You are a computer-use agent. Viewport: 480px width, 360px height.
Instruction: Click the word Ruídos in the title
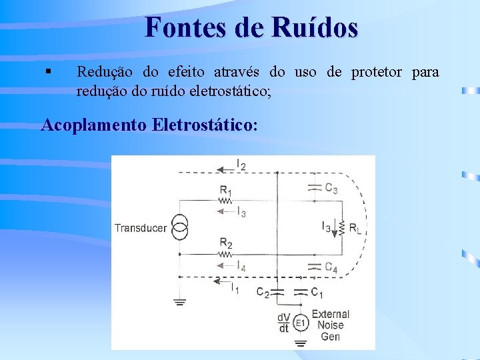[315, 27]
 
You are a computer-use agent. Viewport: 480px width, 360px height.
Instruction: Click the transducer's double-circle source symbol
[179, 227]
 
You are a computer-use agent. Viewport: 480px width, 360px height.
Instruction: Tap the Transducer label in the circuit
[141, 228]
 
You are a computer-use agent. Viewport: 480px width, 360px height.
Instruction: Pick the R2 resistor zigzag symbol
[227, 254]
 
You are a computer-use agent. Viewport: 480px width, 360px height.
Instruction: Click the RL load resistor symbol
[341, 228]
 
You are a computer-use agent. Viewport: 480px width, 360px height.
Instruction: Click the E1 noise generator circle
[301, 323]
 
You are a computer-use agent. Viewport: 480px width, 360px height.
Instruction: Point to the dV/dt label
[283, 323]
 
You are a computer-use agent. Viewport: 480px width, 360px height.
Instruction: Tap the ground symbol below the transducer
[179, 301]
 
